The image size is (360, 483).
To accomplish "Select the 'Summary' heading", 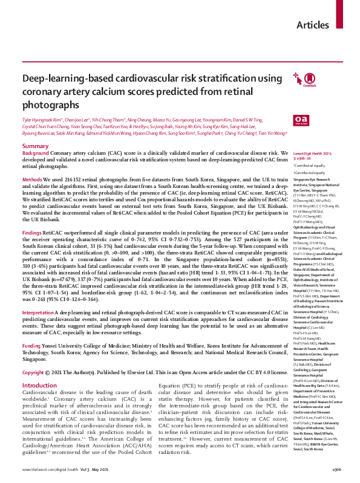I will coord(34,147).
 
